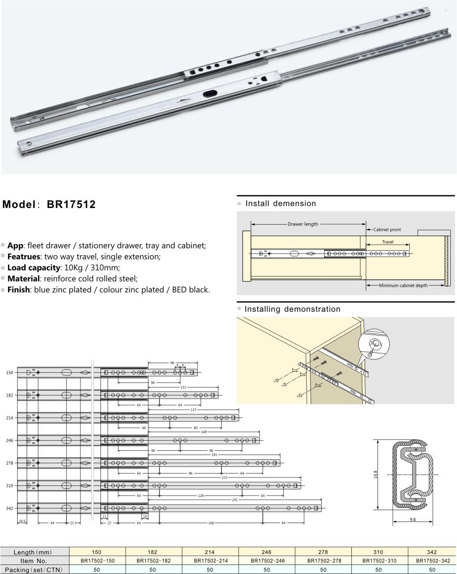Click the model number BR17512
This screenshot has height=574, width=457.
(x=71, y=205)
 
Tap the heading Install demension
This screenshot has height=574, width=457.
(x=280, y=204)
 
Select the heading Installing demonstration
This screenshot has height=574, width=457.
(x=292, y=309)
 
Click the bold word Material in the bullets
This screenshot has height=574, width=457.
(x=23, y=278)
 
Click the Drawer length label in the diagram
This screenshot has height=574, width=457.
(x=303, y=224)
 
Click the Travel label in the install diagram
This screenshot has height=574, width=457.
(x=387, y=242)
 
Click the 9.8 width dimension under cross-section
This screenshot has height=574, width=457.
(x=412, y=520)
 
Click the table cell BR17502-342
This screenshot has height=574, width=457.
(x=432, y=561)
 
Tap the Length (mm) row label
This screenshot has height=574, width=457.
(x=33, y=552)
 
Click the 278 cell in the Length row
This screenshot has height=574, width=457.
(x=323, y=552)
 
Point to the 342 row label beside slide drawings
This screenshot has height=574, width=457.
(x=9, y=508)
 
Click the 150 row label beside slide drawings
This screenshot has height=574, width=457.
(x=9, y=372)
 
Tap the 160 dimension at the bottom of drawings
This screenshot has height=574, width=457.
(x=210, y=523)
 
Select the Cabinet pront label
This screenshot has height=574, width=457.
(x=387, y=229)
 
